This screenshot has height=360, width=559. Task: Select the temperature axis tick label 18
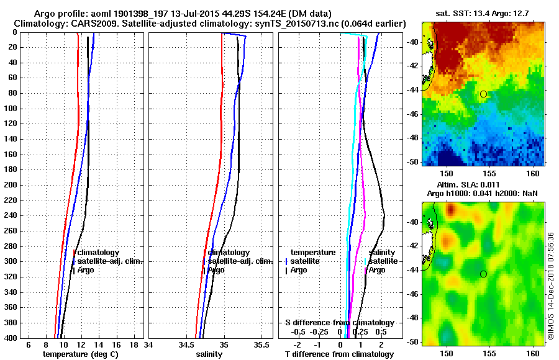click(x=134, y=344)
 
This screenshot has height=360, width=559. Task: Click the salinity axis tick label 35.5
click(x=263, y=344)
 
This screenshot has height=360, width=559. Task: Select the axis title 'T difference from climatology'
click(x=339, y=354)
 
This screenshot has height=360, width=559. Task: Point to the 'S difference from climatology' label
click(x=339, y=323)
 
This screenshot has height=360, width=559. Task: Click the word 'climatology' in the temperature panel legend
click(x=98, y=253)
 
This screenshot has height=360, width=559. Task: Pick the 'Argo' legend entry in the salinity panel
click(x=216, y=270)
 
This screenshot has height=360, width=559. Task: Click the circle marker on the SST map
click(x=483, y=94)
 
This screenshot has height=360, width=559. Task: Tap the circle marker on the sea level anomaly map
click(x=483, y=274)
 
